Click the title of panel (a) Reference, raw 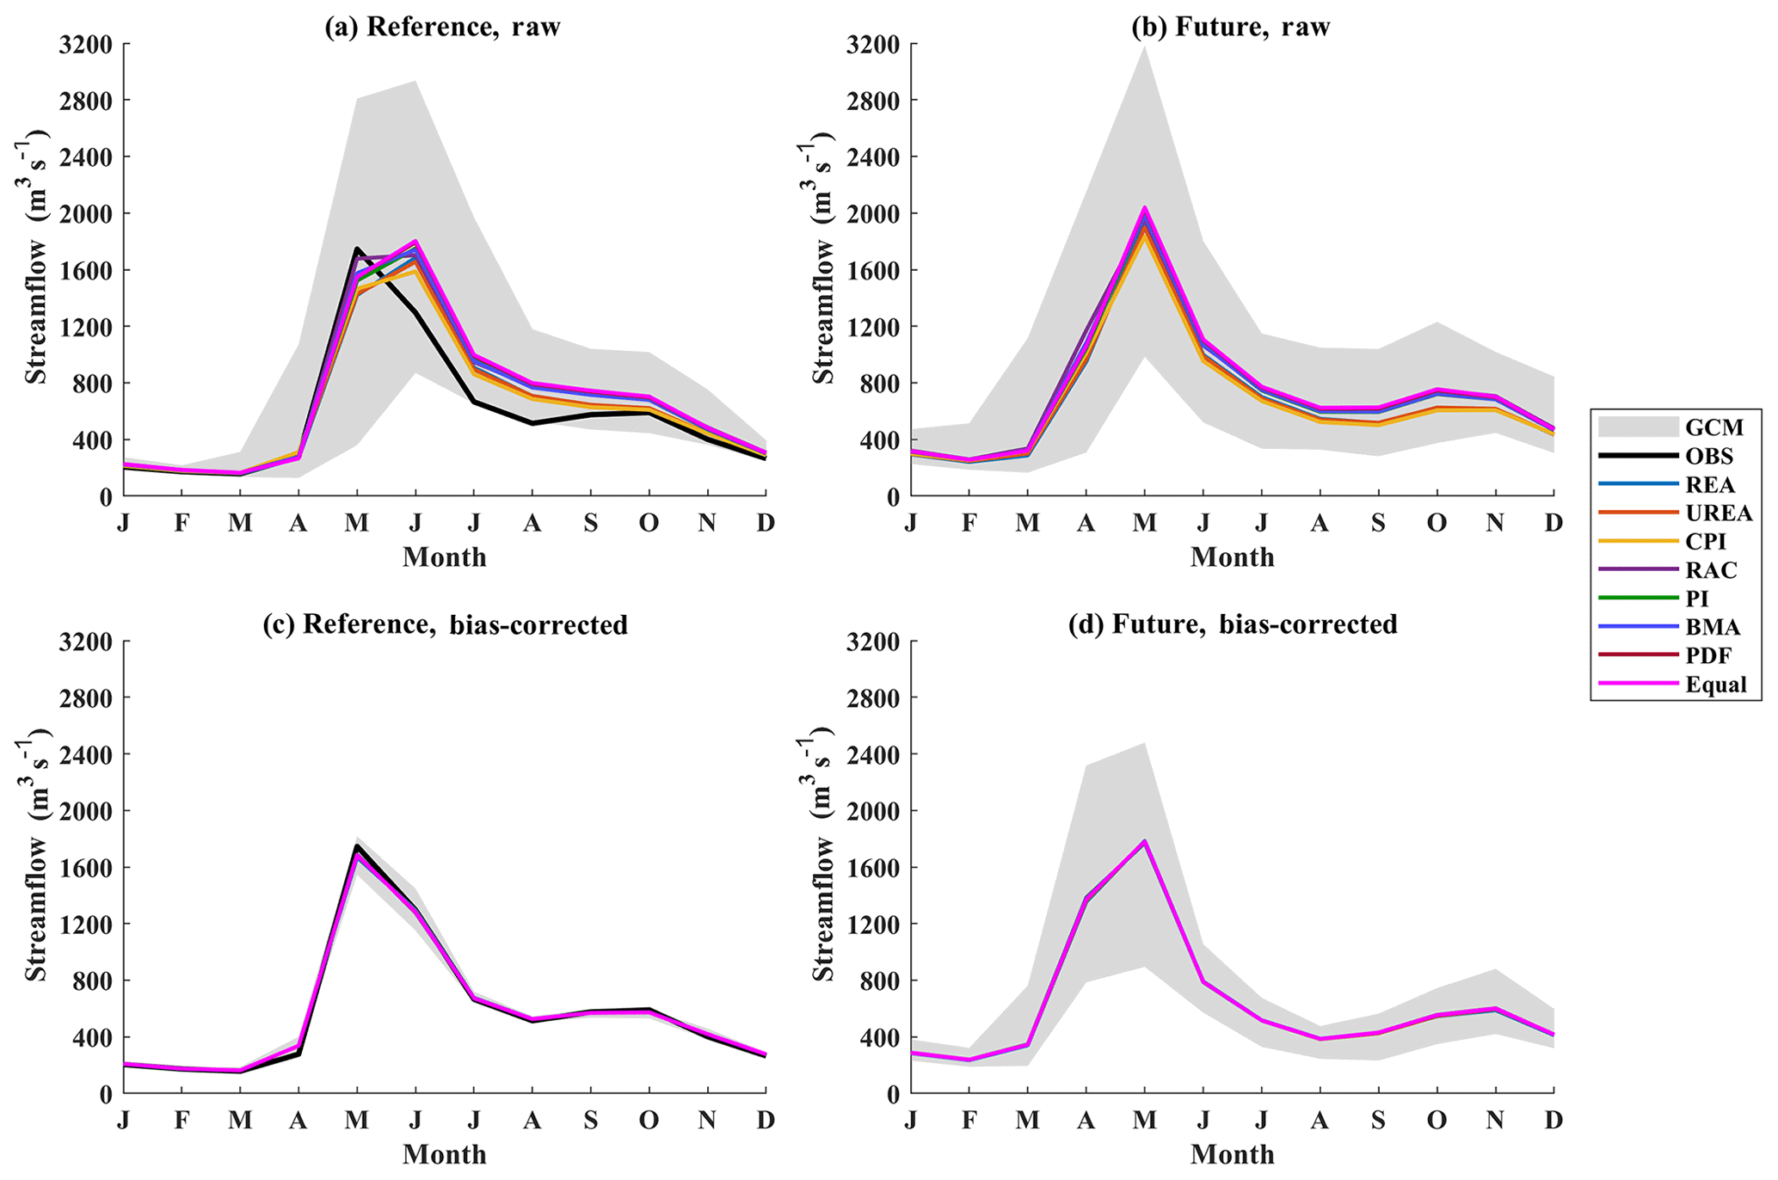tap(442, 27)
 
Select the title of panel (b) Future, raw tap(1231, 27)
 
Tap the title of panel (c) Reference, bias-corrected tap(445, 624)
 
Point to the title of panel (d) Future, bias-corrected tap(1232, 624)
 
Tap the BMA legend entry tap(1709, 628)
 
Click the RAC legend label tap(1711, 570)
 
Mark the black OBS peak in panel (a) tap(357, 249)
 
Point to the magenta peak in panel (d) tap(1144, 841)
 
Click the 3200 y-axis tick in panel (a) tap(85, 44)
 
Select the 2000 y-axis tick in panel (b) tap(873, 213)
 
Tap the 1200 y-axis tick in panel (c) tap(85, 925)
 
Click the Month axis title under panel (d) tap(1232, 1154)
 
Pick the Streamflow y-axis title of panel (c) tap(36, 869)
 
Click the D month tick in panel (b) tap(1553, 522)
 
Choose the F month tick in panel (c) tap(181, 1120)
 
